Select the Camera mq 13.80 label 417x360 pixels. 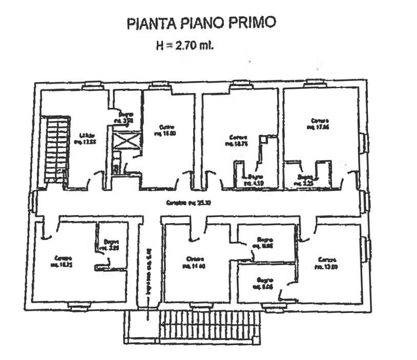pos(326,263)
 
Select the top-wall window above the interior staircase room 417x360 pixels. pos(93,85)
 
